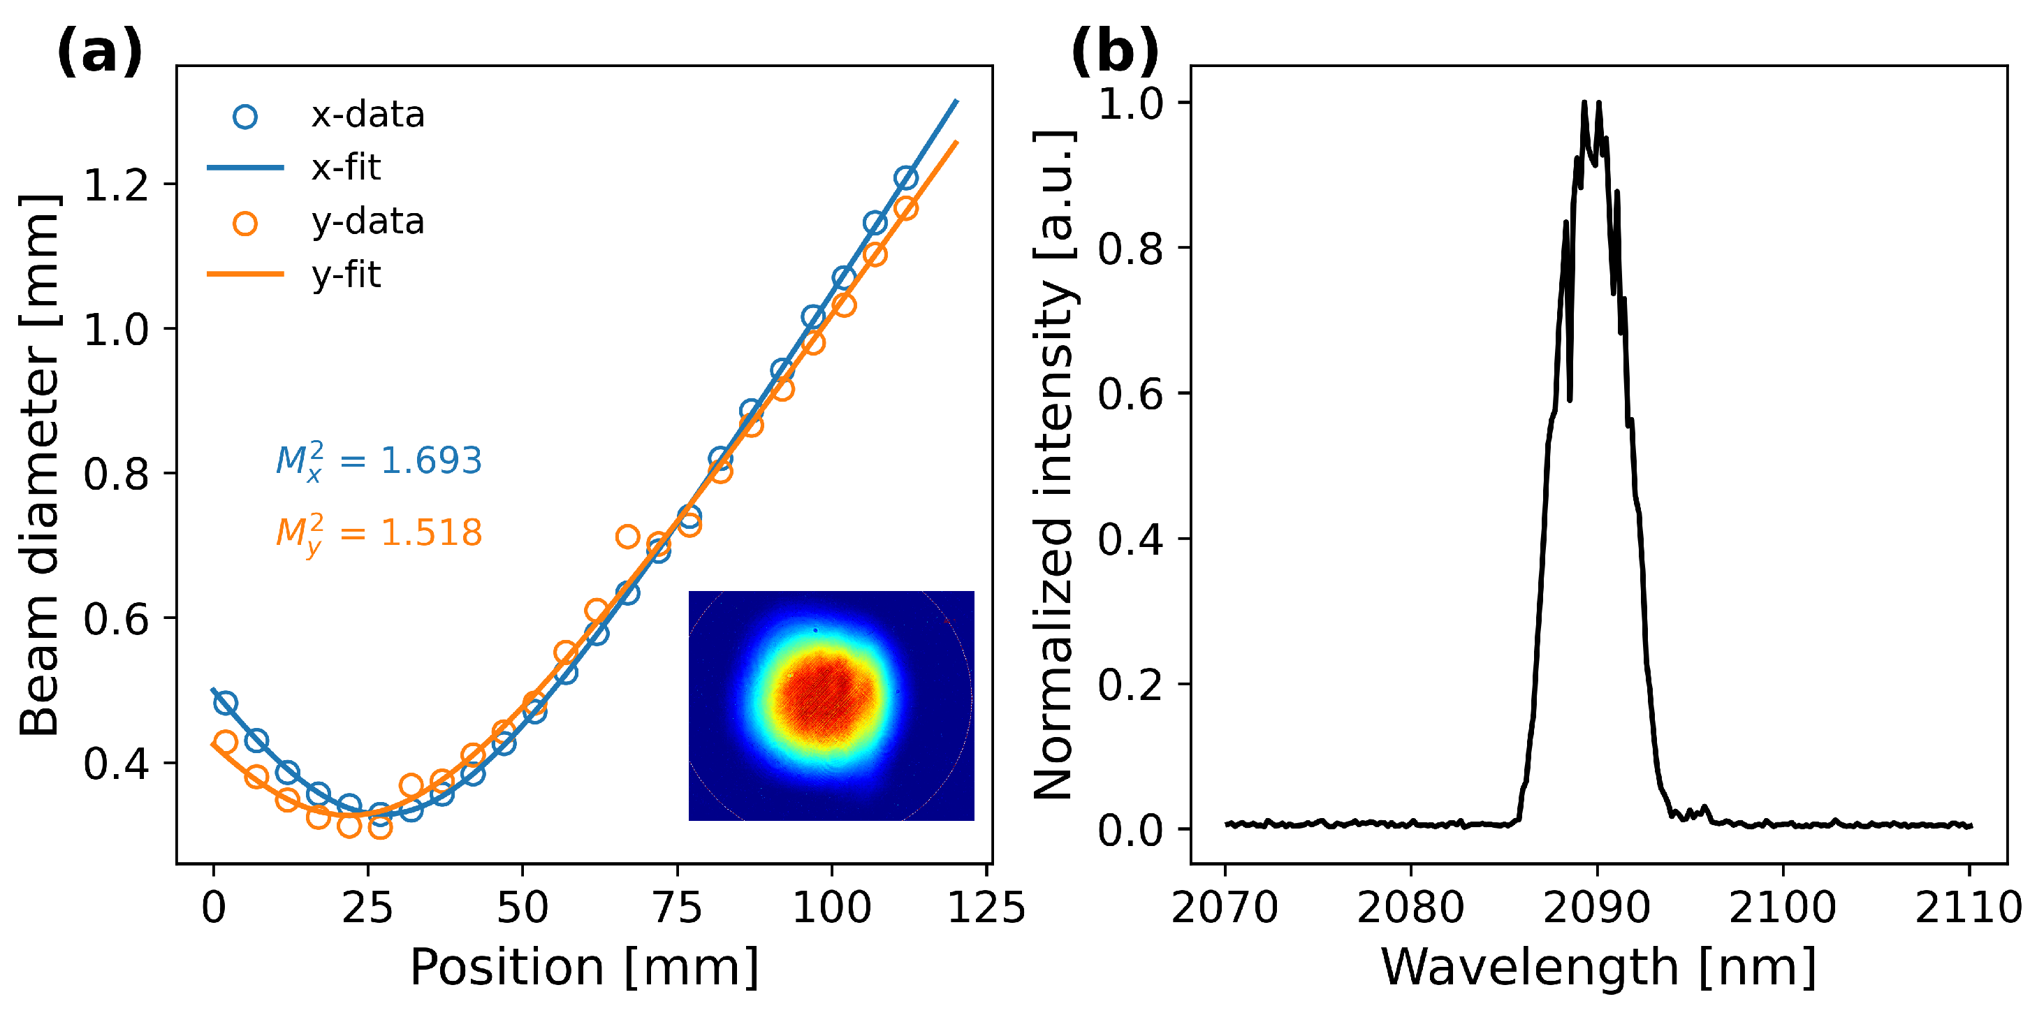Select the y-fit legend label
pos(346,275)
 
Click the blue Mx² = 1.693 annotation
pos(378,461)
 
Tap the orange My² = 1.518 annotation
pos(378,533)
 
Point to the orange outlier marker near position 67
pos(627,537)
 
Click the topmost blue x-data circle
pos(905,178)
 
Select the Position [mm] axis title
pos(583,966)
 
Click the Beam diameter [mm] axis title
pos(40,465)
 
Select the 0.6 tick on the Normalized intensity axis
pos(1130,394)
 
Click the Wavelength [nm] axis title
pos(1598,966)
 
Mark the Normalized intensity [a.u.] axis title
pos(1055,465)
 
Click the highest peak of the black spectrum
pos(1584,103)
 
